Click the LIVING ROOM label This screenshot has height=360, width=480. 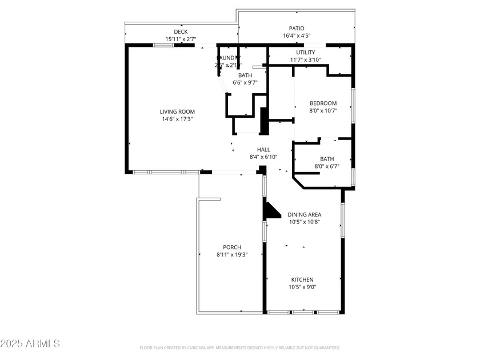tap(177, 111)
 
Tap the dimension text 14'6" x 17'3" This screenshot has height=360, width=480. tap(177, 119)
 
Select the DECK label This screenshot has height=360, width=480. tap(181, 31)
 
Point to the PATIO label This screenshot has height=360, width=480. tap(296, 28)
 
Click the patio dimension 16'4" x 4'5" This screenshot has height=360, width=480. tap(296, 35)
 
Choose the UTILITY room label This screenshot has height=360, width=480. tap(305, 52)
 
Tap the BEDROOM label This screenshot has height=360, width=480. tap(323, 103)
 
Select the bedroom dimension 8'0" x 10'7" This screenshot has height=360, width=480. tap(323, 111)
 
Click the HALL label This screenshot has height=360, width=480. tap(263, 149)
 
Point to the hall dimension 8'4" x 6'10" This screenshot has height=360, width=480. tap(263, 157)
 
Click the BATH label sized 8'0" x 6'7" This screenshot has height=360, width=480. tap(327, 159)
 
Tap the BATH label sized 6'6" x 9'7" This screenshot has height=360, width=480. tap(245, 75)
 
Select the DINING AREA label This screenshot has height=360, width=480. tap(304, 214)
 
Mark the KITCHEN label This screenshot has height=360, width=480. tap(302, 279)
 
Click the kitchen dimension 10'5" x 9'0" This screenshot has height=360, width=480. tap(302, 287)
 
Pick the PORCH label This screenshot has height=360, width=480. tap(232, 247)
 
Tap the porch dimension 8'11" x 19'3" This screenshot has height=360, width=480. tap(232, 254)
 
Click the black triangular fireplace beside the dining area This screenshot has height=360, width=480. tap(270, 210)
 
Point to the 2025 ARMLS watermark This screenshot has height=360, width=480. tap(30, 343)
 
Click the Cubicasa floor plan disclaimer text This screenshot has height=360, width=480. tap(240, 347)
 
